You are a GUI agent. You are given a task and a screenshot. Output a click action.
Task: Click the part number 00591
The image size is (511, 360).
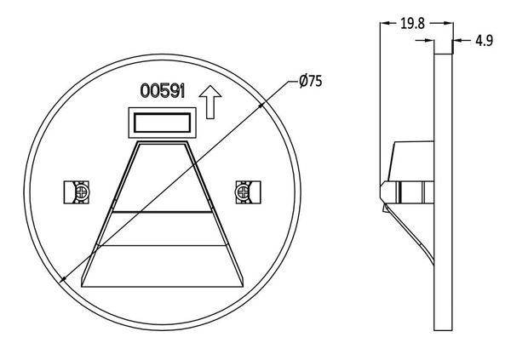pos(163,91)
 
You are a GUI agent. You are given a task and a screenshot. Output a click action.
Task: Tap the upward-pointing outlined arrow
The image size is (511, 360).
pos(210,102)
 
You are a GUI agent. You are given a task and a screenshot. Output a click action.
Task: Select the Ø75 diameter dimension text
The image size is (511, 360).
pos(311,81)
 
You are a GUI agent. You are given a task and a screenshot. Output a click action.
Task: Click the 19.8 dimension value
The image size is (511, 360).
pos(412,24)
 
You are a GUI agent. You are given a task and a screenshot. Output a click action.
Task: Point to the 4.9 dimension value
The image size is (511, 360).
pos(484,41)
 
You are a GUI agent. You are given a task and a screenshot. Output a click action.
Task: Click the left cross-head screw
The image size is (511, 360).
pos(82,192)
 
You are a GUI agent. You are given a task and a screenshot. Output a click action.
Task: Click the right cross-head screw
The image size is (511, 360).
pos(243,192)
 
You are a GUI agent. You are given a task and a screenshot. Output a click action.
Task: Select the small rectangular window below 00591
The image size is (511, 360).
pos(163,123)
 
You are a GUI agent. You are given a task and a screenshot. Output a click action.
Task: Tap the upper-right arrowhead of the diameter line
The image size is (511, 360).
pos(261,105)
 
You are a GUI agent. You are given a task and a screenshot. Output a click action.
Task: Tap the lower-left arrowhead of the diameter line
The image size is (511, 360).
pos(63,279)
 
